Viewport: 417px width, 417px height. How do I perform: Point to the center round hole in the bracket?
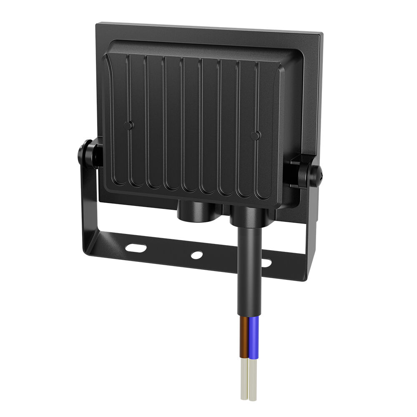tap(196, 255)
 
